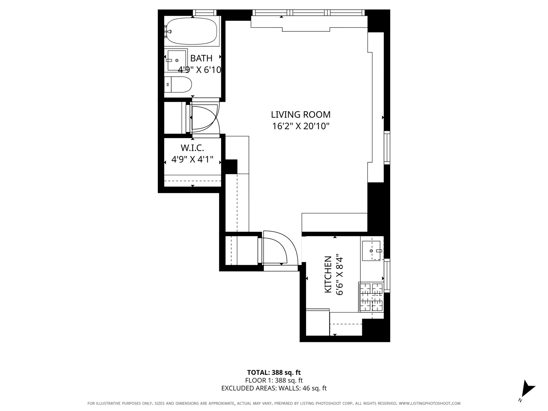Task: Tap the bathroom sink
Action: click(177, 60)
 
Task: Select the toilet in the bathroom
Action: click(179, 85)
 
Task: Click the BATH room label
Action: click(201, 58)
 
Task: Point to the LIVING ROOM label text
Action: click(301, 115)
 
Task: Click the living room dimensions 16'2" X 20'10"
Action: click(301, 126)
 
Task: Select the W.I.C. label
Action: click(192, 148)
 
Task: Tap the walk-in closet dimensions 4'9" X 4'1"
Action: click(192, 159)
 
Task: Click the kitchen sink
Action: click(371, 251)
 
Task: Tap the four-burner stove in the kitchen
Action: click(371, 297)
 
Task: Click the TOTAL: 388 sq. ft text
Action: click(274, 372)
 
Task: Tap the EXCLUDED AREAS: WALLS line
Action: click(274, 388)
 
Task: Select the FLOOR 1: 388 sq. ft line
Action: click(274, 380)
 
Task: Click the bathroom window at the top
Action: click(204, 13)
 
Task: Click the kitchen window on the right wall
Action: click(387, 275)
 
